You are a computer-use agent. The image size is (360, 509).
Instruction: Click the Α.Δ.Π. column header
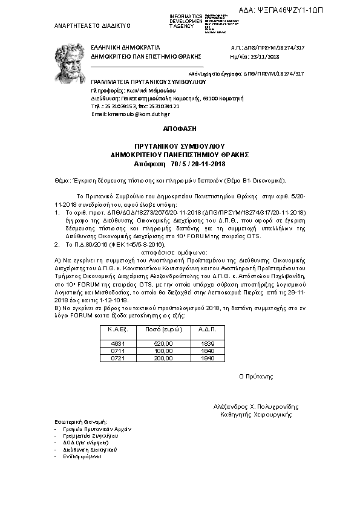pyautogui.click(x=208, y=330)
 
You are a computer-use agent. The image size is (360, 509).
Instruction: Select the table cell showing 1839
pyautogui.click(x=208, y=343)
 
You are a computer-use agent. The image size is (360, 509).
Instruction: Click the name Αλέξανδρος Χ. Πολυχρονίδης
pyautogui.click(x=256, y=407)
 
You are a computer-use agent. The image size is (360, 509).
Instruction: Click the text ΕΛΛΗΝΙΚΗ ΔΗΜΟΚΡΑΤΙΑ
pyautogui.click(x=126, y=47)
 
